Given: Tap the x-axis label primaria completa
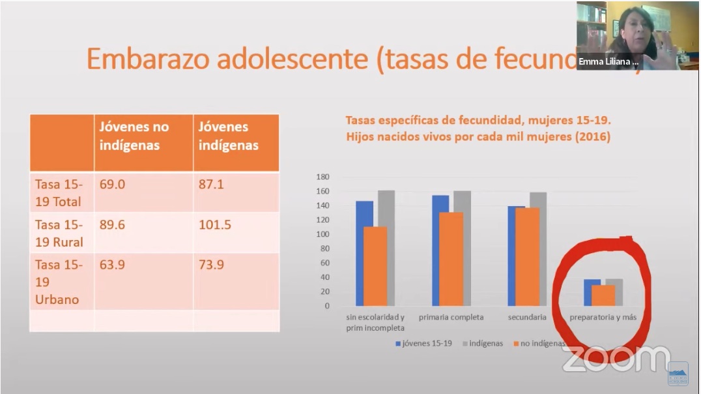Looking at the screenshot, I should [451, 318].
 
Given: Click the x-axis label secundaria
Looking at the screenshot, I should [527, 318].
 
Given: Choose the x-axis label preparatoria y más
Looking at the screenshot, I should [603, 318].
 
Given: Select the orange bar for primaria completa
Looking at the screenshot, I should [451, 259].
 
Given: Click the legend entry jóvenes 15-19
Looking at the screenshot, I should [423, 343].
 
